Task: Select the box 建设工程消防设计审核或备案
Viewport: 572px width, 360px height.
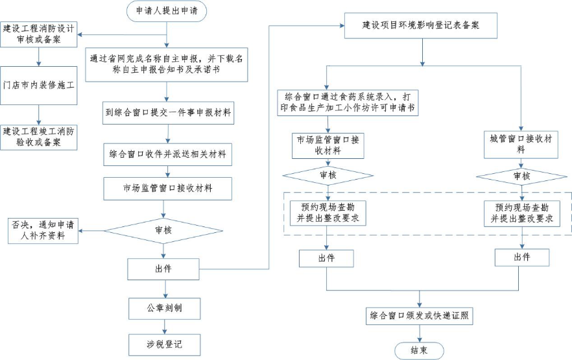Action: tap(40, 34)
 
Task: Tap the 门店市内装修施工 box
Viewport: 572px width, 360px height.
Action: tap(40, 84)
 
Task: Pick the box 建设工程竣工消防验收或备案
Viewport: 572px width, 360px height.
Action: tap(40, 136)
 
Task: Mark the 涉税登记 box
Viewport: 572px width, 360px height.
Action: tap(164, 344)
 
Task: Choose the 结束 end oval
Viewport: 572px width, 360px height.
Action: tap(420, 351)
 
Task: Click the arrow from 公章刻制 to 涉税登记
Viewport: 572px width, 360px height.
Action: tap(164, 326)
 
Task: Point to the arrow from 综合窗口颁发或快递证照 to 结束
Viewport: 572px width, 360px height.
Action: tap(420, 333)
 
